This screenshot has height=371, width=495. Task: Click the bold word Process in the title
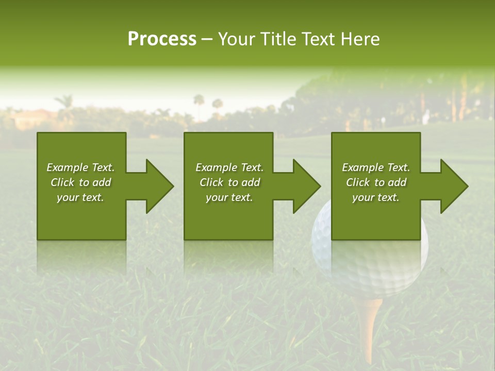[162, 39]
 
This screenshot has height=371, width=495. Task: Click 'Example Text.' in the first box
[80, 167]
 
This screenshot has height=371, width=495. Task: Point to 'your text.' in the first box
[80, 197]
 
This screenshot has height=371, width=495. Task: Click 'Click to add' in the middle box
[229, 182]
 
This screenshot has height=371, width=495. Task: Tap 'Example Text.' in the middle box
[229, 167]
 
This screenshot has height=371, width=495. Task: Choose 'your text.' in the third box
[376, 197]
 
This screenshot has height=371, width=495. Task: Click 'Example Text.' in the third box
[376, 167]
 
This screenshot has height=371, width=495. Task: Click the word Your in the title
[237, 39]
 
